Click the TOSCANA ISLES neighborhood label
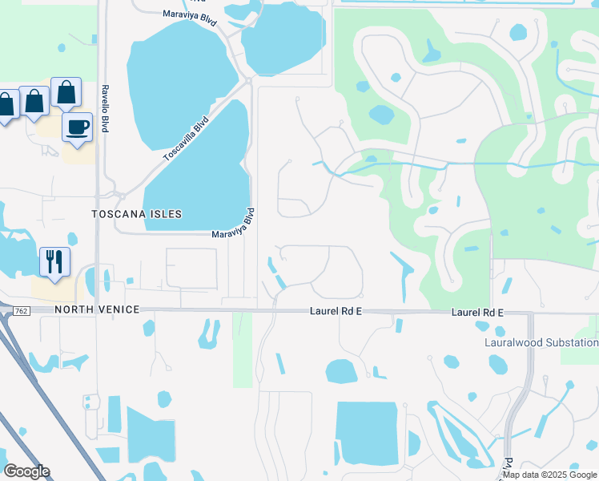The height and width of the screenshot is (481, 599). tap(136, 215)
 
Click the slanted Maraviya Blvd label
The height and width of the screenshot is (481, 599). tap(234, 224)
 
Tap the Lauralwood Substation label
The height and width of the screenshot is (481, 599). tap(541, 342)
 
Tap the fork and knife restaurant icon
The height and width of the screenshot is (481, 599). tap(54, 261)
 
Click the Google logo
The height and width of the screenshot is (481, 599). tap(26, 471)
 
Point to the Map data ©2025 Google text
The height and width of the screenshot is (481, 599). tap(550, 475)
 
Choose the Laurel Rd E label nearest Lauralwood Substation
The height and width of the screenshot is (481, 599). tap(476, 310)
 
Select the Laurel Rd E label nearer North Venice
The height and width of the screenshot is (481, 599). tap(336, 310)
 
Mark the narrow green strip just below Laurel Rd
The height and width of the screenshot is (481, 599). tap(243, 349)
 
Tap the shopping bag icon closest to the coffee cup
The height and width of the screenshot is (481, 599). tap(65, 93)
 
